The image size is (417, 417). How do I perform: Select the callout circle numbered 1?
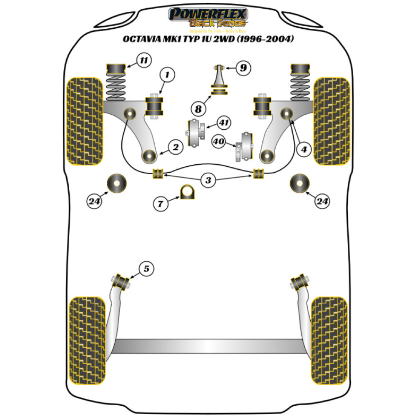(x=167, y=75)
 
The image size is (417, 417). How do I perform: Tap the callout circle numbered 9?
(x=243, y=68)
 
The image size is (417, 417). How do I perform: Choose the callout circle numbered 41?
(x=224, y=123)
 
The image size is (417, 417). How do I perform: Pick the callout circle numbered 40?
(x=219, y=142)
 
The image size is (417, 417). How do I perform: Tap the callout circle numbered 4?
(x=304, y=148)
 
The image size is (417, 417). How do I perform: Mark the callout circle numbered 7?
(x=161, y=204)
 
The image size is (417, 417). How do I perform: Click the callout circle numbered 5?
(x=146, y=269)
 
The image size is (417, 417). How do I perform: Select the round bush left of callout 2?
(x=149, y=156)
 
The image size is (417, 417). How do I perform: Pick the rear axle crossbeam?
(x=208, y=346)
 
